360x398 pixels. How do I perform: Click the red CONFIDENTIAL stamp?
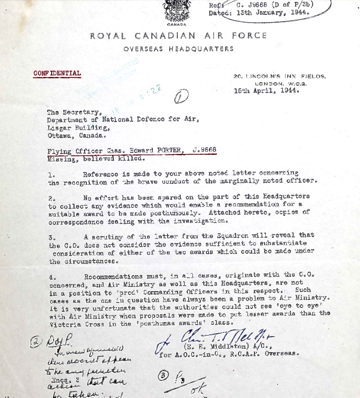[57, 73]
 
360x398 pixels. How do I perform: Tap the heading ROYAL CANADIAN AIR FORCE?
[179, 36]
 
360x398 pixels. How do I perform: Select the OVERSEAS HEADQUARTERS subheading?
[179, 49]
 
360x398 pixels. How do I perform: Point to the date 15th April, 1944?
[267, 90]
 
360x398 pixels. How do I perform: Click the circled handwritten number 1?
[181, 98]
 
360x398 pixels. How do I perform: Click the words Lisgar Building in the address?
[77, 127]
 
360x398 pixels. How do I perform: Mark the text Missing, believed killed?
[96, 159]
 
